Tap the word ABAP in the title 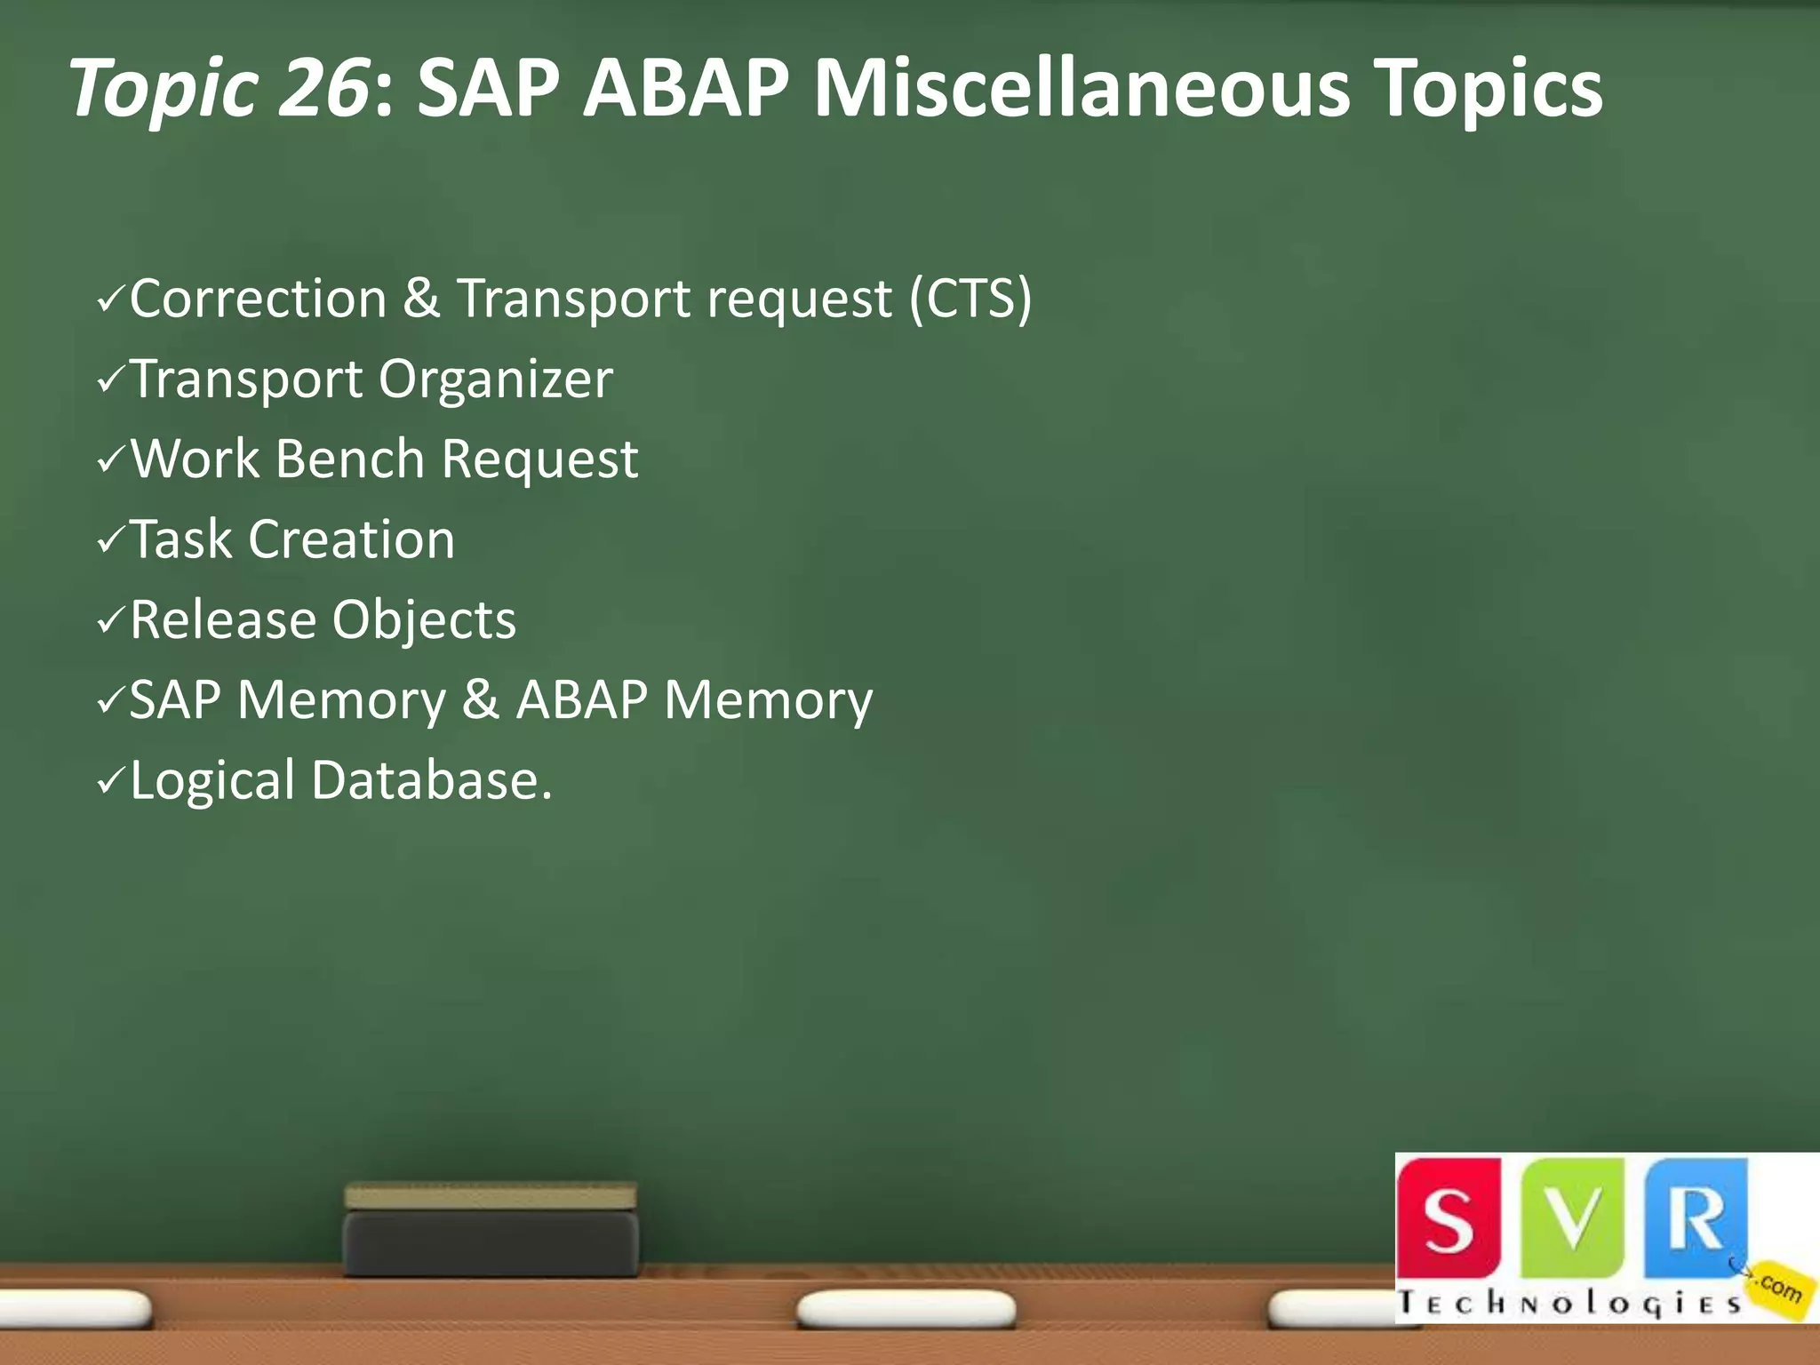click(685, 88)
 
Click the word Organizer click(496, 379)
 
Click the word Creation click(351, 539)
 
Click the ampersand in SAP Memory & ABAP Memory click(480, 700)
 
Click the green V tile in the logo click(1574, 1217)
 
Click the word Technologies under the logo click(1569, 1303)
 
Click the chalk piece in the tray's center click(906, 1307)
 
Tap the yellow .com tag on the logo click(1778, 1288)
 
